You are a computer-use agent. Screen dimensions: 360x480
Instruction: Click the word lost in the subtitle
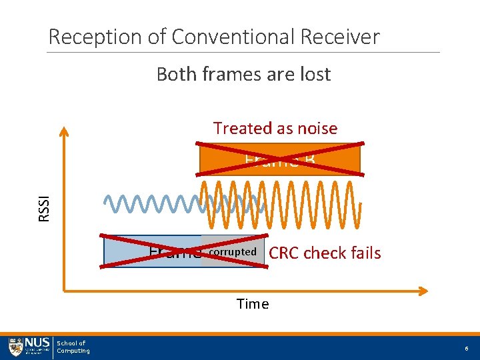[x=315, y=74]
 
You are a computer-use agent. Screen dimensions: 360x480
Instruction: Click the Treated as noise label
[x=275, y=128]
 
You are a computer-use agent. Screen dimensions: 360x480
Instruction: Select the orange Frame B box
[x=280, y=159]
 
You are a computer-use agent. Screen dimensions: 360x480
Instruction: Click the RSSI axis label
[x=45, y=205]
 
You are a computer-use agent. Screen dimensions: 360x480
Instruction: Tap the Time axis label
[x=253, y=304]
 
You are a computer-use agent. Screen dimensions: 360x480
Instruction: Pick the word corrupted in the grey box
[x=233, y=252]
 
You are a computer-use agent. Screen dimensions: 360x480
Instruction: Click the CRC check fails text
[x=325, y=253]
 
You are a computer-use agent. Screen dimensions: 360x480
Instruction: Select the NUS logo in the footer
[x=29, y=347]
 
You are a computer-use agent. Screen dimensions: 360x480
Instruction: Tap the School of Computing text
[x=73, y=347]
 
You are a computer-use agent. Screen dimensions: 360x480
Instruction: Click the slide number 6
[x=465, y=348]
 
